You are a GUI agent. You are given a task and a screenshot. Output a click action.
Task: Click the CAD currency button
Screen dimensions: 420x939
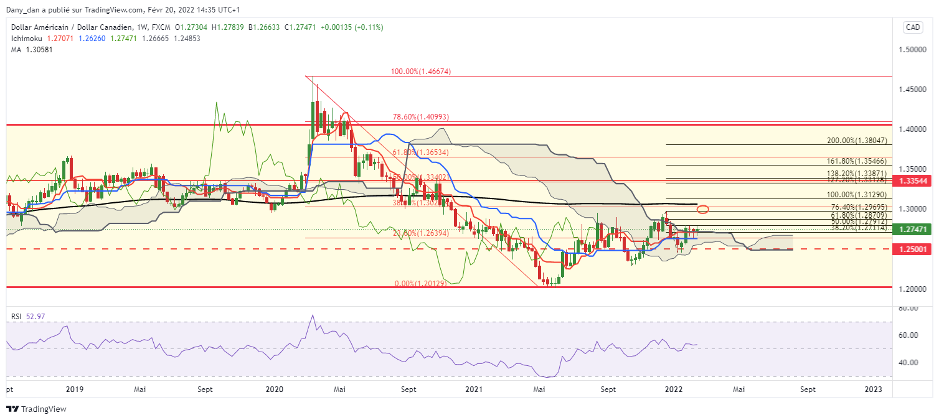(912, 27)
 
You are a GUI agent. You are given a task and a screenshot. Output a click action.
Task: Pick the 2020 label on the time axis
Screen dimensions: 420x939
(274, 390)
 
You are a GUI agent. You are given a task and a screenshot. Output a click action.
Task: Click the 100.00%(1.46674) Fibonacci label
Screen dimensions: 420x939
(421, 72)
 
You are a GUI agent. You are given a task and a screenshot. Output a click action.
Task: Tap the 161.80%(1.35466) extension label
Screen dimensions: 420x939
(857, 161)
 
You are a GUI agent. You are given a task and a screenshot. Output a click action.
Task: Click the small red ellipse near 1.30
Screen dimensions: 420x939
(703, 209)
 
